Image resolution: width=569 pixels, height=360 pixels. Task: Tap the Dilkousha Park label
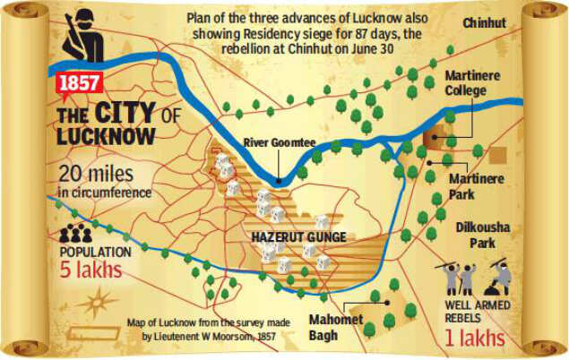(482, 235)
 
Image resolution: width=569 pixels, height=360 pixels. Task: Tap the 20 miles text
(97, 175)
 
